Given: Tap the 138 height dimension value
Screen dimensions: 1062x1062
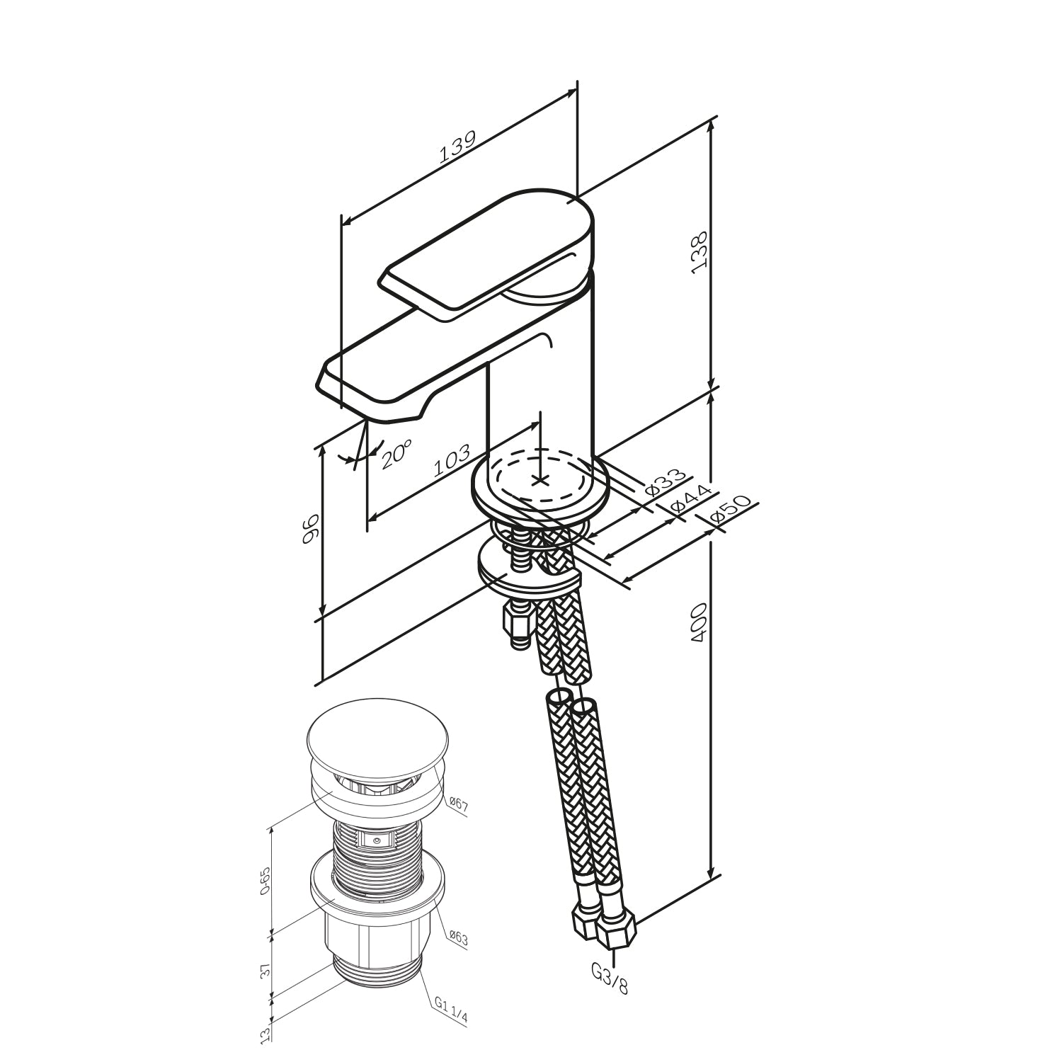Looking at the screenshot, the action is click(x=700, y=250).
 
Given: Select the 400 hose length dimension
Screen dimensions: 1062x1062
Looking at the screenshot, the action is click(x=699, y=623).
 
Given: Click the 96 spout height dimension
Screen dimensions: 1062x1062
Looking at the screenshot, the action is click(x=310, y=530).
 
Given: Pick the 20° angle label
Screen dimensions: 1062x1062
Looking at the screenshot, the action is click(x=397, y=455).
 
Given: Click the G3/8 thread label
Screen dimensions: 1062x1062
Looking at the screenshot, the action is click(x=610, y=980).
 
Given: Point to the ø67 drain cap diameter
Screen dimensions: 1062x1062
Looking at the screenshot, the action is click(x=458, y=804).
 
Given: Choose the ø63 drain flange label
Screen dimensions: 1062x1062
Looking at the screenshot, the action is click(x=458, y=939).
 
